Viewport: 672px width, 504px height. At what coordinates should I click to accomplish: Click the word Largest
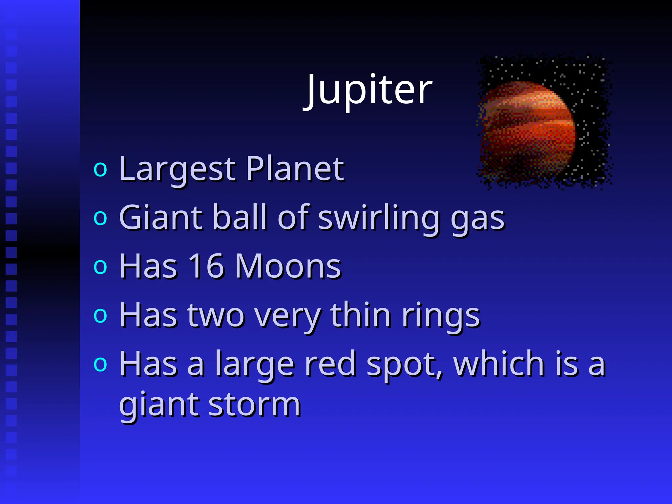[177, 170]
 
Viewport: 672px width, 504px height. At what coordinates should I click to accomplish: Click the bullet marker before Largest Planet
[100, 169]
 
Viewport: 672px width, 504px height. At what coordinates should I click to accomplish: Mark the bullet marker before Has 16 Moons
[100, 266]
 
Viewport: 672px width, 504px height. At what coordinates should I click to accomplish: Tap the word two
[216, 315]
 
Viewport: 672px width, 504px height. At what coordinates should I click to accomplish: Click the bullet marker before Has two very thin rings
[100, 315]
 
